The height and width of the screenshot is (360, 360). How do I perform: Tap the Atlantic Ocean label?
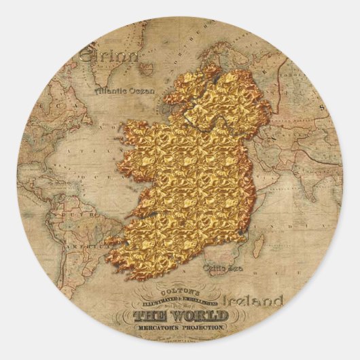point(125,89)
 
